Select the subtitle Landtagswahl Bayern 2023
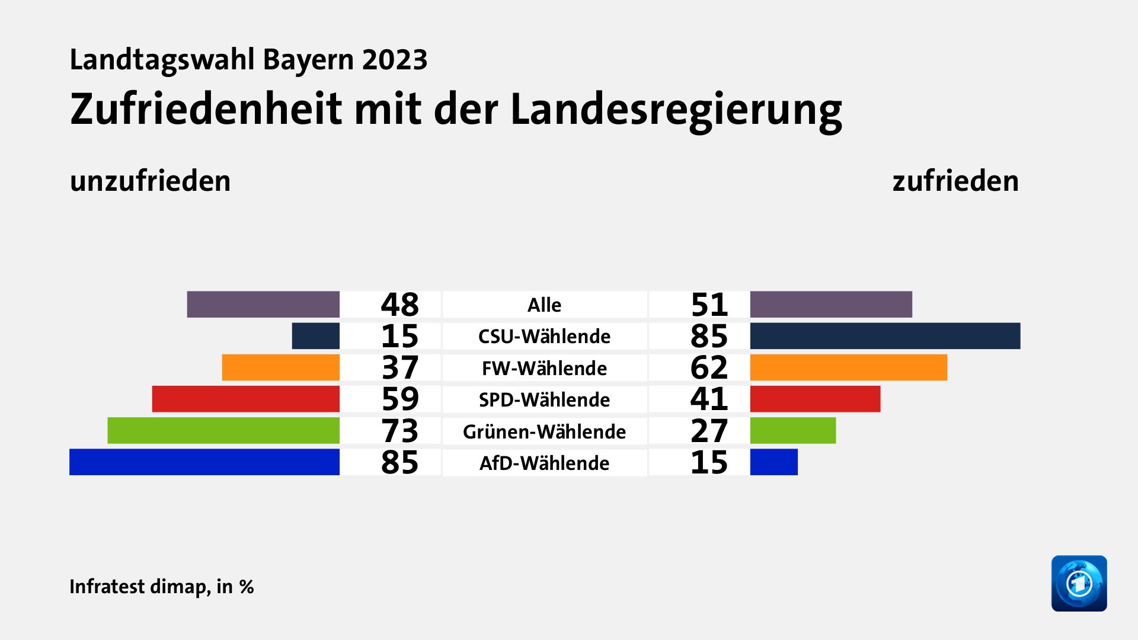[248, 60]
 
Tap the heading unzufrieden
[150, 181]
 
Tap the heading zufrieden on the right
[955, 181]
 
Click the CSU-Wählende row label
[544, 337]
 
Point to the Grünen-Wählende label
[544, 431]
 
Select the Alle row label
[544, 305]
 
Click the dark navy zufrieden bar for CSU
[885, 336]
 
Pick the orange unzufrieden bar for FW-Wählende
[280, 367]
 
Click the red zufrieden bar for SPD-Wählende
[815, 399]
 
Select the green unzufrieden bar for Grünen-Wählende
[223, 431]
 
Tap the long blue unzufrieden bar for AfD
[204, 462]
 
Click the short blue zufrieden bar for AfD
[773, 462]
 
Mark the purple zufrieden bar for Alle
[831, 305]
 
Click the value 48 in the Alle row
[399, 305]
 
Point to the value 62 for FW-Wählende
[709, 367]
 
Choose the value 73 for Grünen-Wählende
[399, 431]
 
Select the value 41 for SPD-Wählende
[709, 399]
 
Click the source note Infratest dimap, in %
[161, 587]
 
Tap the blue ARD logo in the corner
[1079, 583]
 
